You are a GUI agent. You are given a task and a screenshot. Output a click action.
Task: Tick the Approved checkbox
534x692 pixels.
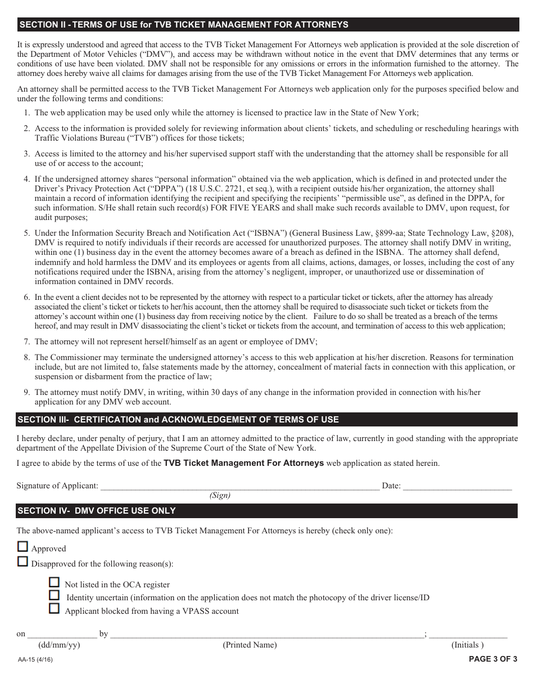[x=22, y=546]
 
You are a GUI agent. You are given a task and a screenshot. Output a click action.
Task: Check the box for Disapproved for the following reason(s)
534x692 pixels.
[x=22, y=561]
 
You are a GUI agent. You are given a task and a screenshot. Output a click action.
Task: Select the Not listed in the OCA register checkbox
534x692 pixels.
[x=55, y=582]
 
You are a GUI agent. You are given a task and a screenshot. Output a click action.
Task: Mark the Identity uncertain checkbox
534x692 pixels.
[x=55, y=595]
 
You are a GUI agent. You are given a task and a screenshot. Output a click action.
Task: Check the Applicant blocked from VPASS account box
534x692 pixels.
[x=55, y=609]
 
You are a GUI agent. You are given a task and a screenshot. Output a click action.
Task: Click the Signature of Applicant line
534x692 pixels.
[x=239, y=485]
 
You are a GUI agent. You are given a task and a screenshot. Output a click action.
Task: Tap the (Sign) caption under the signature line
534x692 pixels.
[x=220, y=496]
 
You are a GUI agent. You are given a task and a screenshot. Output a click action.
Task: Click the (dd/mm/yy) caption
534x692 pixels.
[x=59, y=645]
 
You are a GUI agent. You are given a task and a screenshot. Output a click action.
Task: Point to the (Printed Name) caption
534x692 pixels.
[x=250, y=645]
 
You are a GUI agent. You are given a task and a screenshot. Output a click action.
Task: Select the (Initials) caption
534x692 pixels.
[x=467, y=645]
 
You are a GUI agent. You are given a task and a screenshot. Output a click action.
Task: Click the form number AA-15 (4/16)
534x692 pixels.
[x=36, y=659]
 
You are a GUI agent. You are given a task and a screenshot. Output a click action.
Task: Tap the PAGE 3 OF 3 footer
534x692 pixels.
[x=493, y=659]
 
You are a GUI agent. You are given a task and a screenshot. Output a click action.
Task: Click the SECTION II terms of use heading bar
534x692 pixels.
[x=267, y=25]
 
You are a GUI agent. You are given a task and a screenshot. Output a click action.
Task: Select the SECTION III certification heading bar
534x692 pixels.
[x=267, y=420]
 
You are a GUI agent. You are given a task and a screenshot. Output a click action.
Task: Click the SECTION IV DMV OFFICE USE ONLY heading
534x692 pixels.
[x=267, y=511]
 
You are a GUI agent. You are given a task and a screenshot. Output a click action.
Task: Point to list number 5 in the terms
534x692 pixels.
[x=26, y=233]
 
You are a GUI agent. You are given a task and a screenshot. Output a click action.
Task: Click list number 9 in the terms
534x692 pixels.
[x=26, y=392]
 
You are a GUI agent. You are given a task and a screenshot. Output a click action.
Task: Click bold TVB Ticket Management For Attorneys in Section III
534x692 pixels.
[x=243, y=463]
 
